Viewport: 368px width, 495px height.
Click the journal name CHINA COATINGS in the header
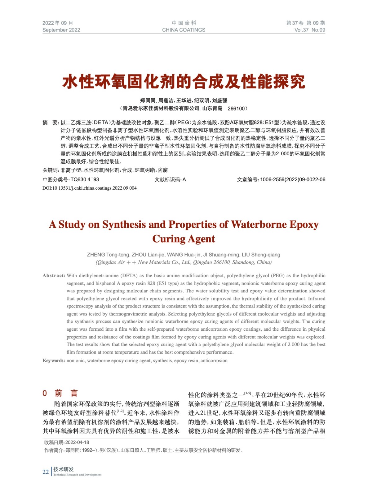coord(184,30)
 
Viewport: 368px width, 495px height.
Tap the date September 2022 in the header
coord(61,30)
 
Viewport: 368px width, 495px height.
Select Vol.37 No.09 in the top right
coord(309,30)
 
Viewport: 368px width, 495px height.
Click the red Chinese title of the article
coord(184,82)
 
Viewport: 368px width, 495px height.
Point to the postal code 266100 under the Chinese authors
coord(236,109)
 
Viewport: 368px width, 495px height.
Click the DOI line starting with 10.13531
coord(89,188)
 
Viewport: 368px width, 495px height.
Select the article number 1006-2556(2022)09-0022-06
coord(292,180)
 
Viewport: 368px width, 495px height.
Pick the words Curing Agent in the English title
coord(184,239)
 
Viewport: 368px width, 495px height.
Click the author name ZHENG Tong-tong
coord(108,255)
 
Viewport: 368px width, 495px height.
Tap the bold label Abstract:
coord(54,276)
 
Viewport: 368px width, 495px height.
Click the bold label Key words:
coord(54,361)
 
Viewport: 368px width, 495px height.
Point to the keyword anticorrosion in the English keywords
coord(214,361)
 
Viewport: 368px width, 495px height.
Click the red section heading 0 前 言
coord(60,393)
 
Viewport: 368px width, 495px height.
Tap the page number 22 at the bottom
coord(46,472)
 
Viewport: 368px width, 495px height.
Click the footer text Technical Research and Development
coord(77,475)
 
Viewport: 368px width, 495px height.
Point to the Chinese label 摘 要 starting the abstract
coord(50,123)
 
